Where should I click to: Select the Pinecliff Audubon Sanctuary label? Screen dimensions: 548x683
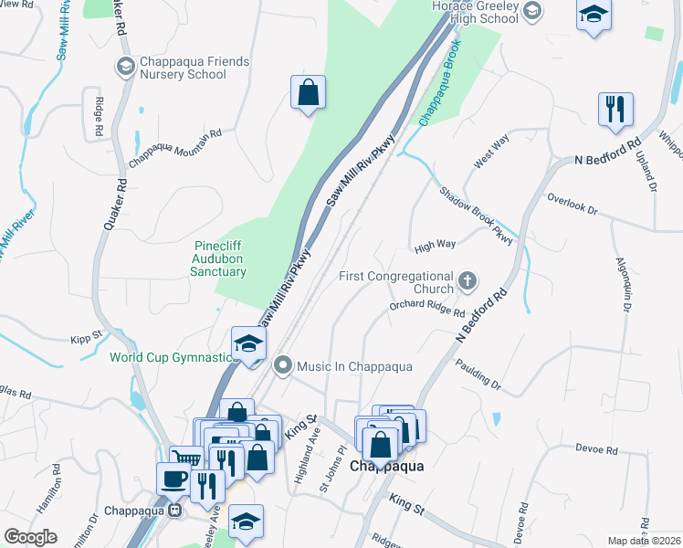(220, 258)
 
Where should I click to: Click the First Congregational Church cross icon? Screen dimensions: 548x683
(468, 279)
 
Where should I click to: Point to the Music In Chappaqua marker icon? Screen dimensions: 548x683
(283, 366)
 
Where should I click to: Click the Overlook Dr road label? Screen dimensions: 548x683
(572, 203)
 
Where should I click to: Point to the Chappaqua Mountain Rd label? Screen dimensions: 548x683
(175, 148)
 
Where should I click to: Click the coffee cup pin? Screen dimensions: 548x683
(174, 479)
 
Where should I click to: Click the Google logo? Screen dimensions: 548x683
(30, 537)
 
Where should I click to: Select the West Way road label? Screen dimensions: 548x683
(490, 152)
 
